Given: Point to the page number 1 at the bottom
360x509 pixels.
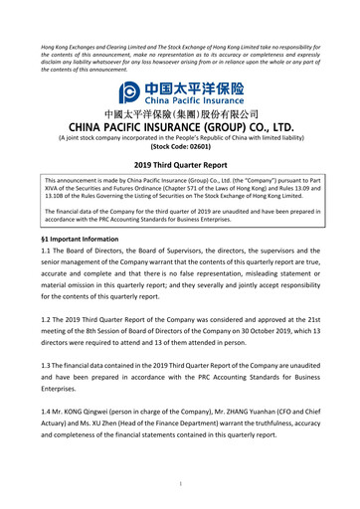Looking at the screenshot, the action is [x=180, y=484].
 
